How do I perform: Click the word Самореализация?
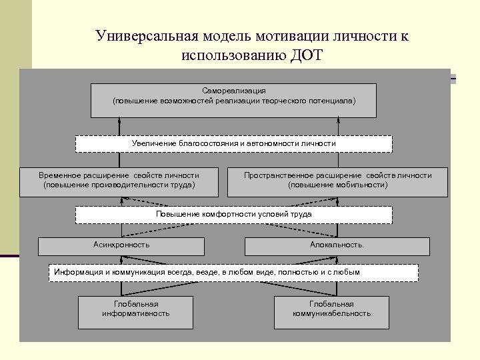[x=234, y=90]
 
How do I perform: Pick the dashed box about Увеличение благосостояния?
[x=233, y=144]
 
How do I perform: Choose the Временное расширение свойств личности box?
[x=119, y=181]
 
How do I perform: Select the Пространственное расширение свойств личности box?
[x=337, y=181]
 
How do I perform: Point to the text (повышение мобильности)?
[x=337, y=185]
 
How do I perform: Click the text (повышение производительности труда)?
[x=119, y=185]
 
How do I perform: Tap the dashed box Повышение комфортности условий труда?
[x=233, y=215]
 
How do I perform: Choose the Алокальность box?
[x=337, y=245]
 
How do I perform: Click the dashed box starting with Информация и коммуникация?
[x=233, y=272]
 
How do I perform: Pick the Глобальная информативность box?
[x=135, y=312]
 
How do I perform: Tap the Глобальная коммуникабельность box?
[x=331, y=312]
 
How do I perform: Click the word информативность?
[x=135, y=313]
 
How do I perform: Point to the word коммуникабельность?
[x=331, y=313]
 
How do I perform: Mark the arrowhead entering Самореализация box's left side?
[x=119, y=121]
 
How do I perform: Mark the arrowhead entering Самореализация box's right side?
[x=338, y=121]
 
